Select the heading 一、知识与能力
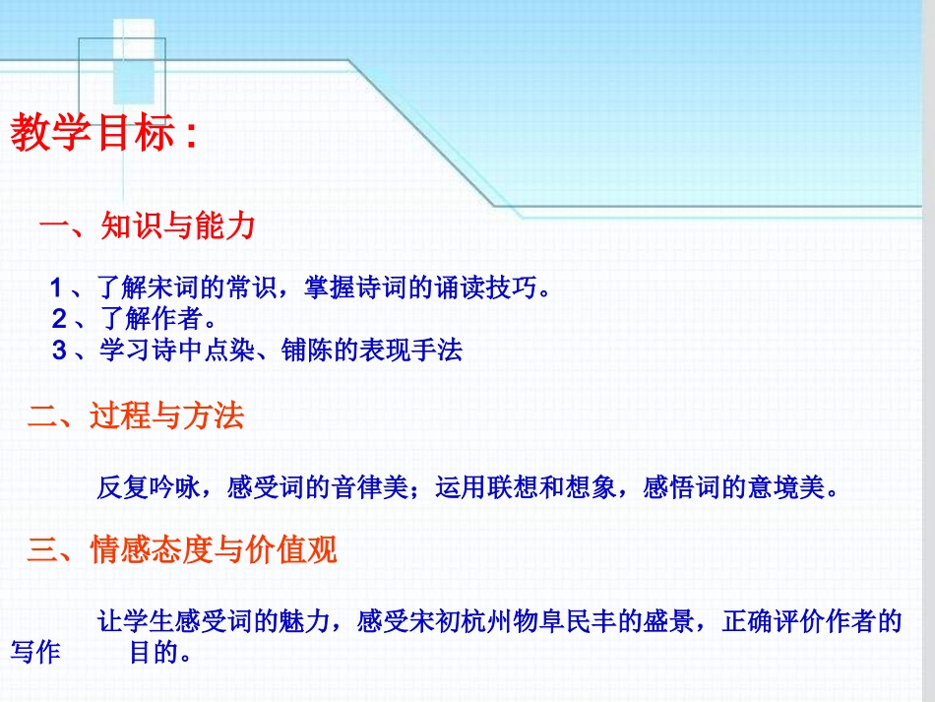147,227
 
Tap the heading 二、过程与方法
136,416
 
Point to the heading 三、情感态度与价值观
182,549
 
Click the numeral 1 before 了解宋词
57,289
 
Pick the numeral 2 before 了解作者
59,319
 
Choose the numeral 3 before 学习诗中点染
59,350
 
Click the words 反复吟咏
149,487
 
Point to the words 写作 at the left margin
34,653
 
